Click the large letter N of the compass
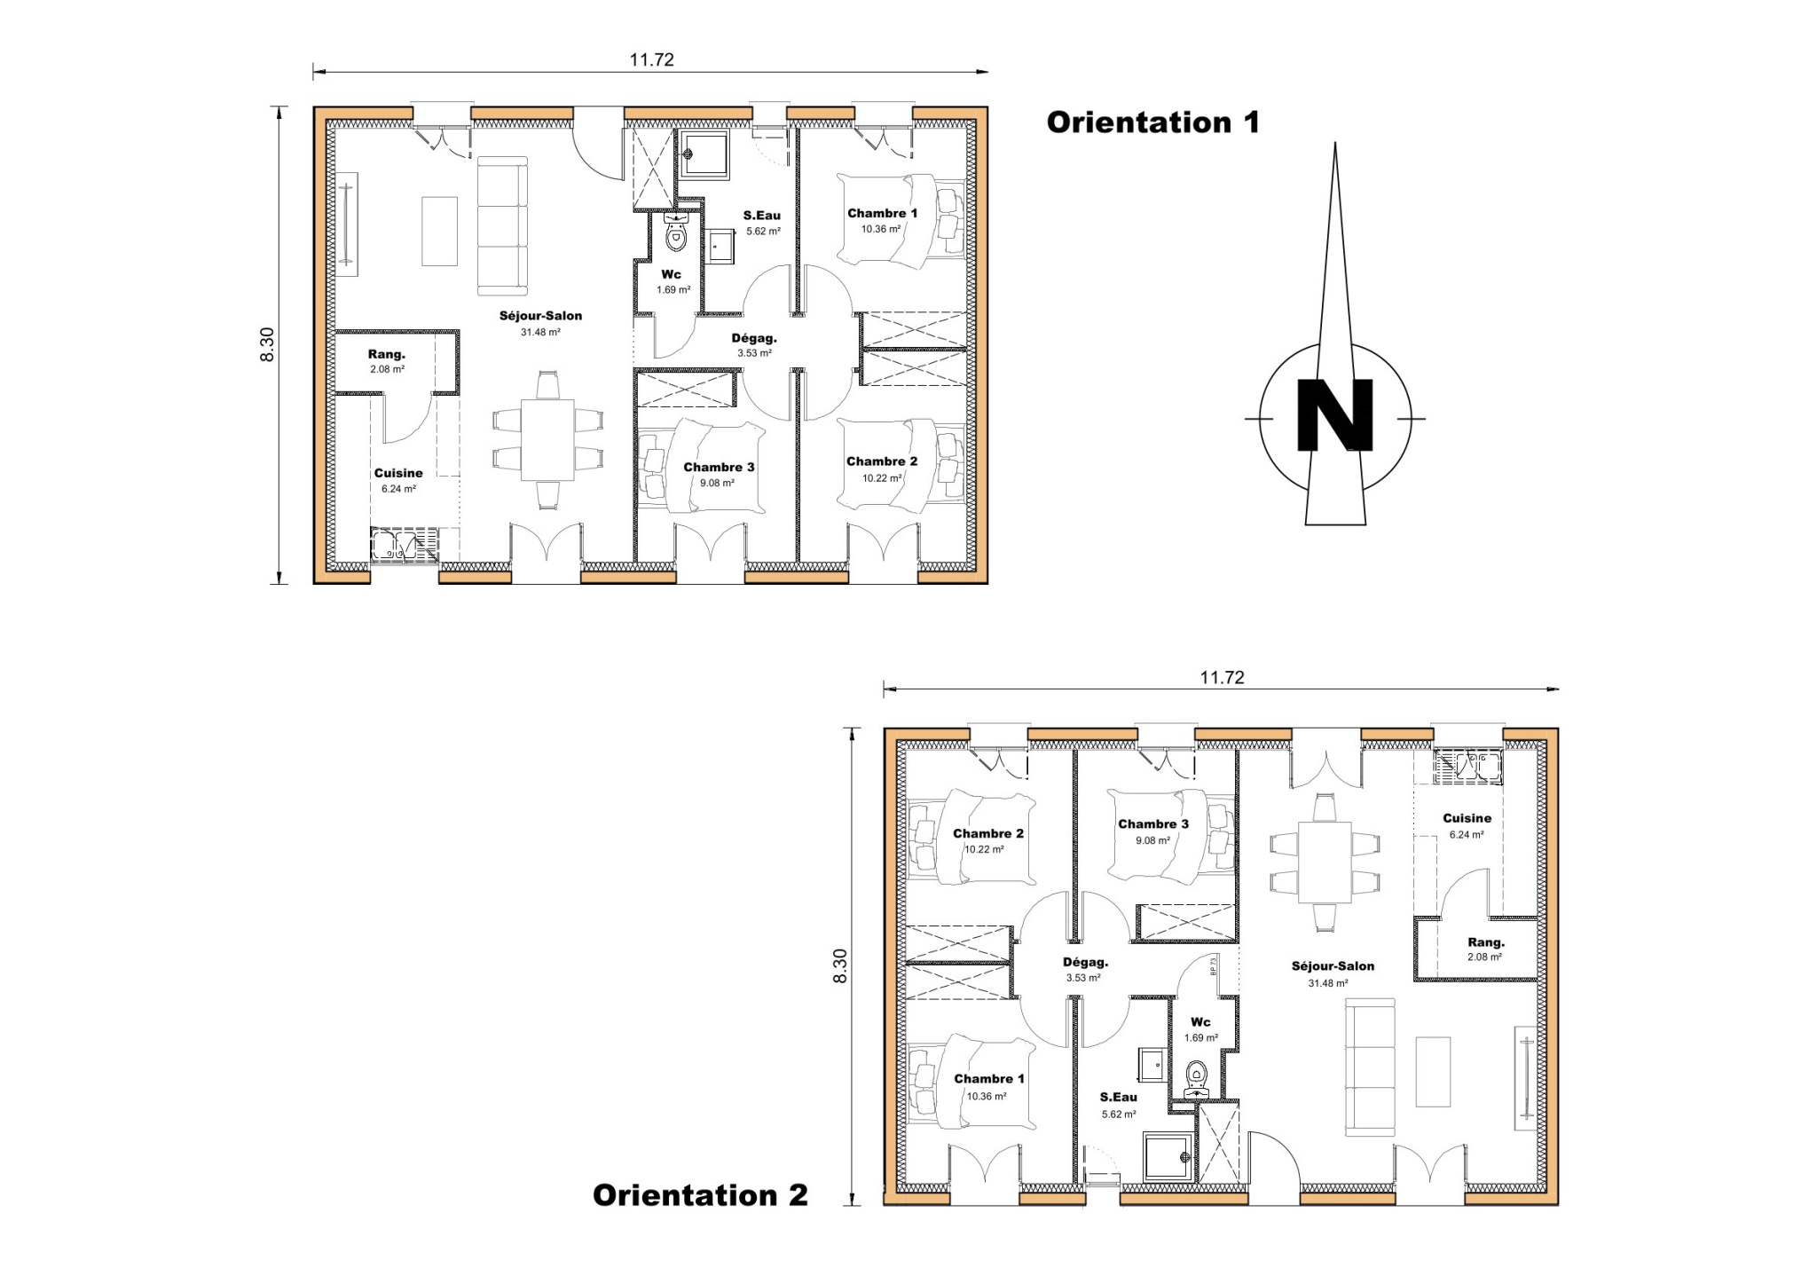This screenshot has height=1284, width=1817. [1334, 415]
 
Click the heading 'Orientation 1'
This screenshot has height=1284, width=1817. [1152, 122]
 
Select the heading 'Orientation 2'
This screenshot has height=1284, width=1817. [700, 1195]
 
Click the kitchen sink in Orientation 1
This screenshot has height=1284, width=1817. [405, 544]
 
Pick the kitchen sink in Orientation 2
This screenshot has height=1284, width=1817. [1467, 768]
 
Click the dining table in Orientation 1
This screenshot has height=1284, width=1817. [547, 440]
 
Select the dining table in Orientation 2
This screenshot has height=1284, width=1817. [1325, 863]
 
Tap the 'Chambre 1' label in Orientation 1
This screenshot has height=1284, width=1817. [882, 213]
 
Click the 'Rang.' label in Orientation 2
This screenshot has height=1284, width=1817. [1485, 942]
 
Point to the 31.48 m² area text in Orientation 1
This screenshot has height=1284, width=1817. [540, 332]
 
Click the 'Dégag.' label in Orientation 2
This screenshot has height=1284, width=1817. [1085, 962]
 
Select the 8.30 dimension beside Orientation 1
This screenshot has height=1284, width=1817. [268, 344]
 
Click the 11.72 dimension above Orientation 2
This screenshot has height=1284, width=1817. [1222, 677]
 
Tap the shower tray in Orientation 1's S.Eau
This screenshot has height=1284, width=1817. [704, 154]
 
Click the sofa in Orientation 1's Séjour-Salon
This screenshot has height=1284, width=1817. [502, 226]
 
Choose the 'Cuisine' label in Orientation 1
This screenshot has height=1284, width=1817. [398, 473]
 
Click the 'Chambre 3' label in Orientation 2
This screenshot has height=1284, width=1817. [1153, 824]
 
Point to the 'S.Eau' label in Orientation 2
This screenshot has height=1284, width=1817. [1118, 1097]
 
